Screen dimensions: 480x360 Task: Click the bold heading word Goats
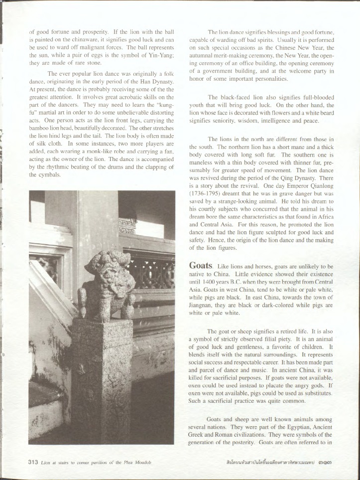(x=202, y=267)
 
